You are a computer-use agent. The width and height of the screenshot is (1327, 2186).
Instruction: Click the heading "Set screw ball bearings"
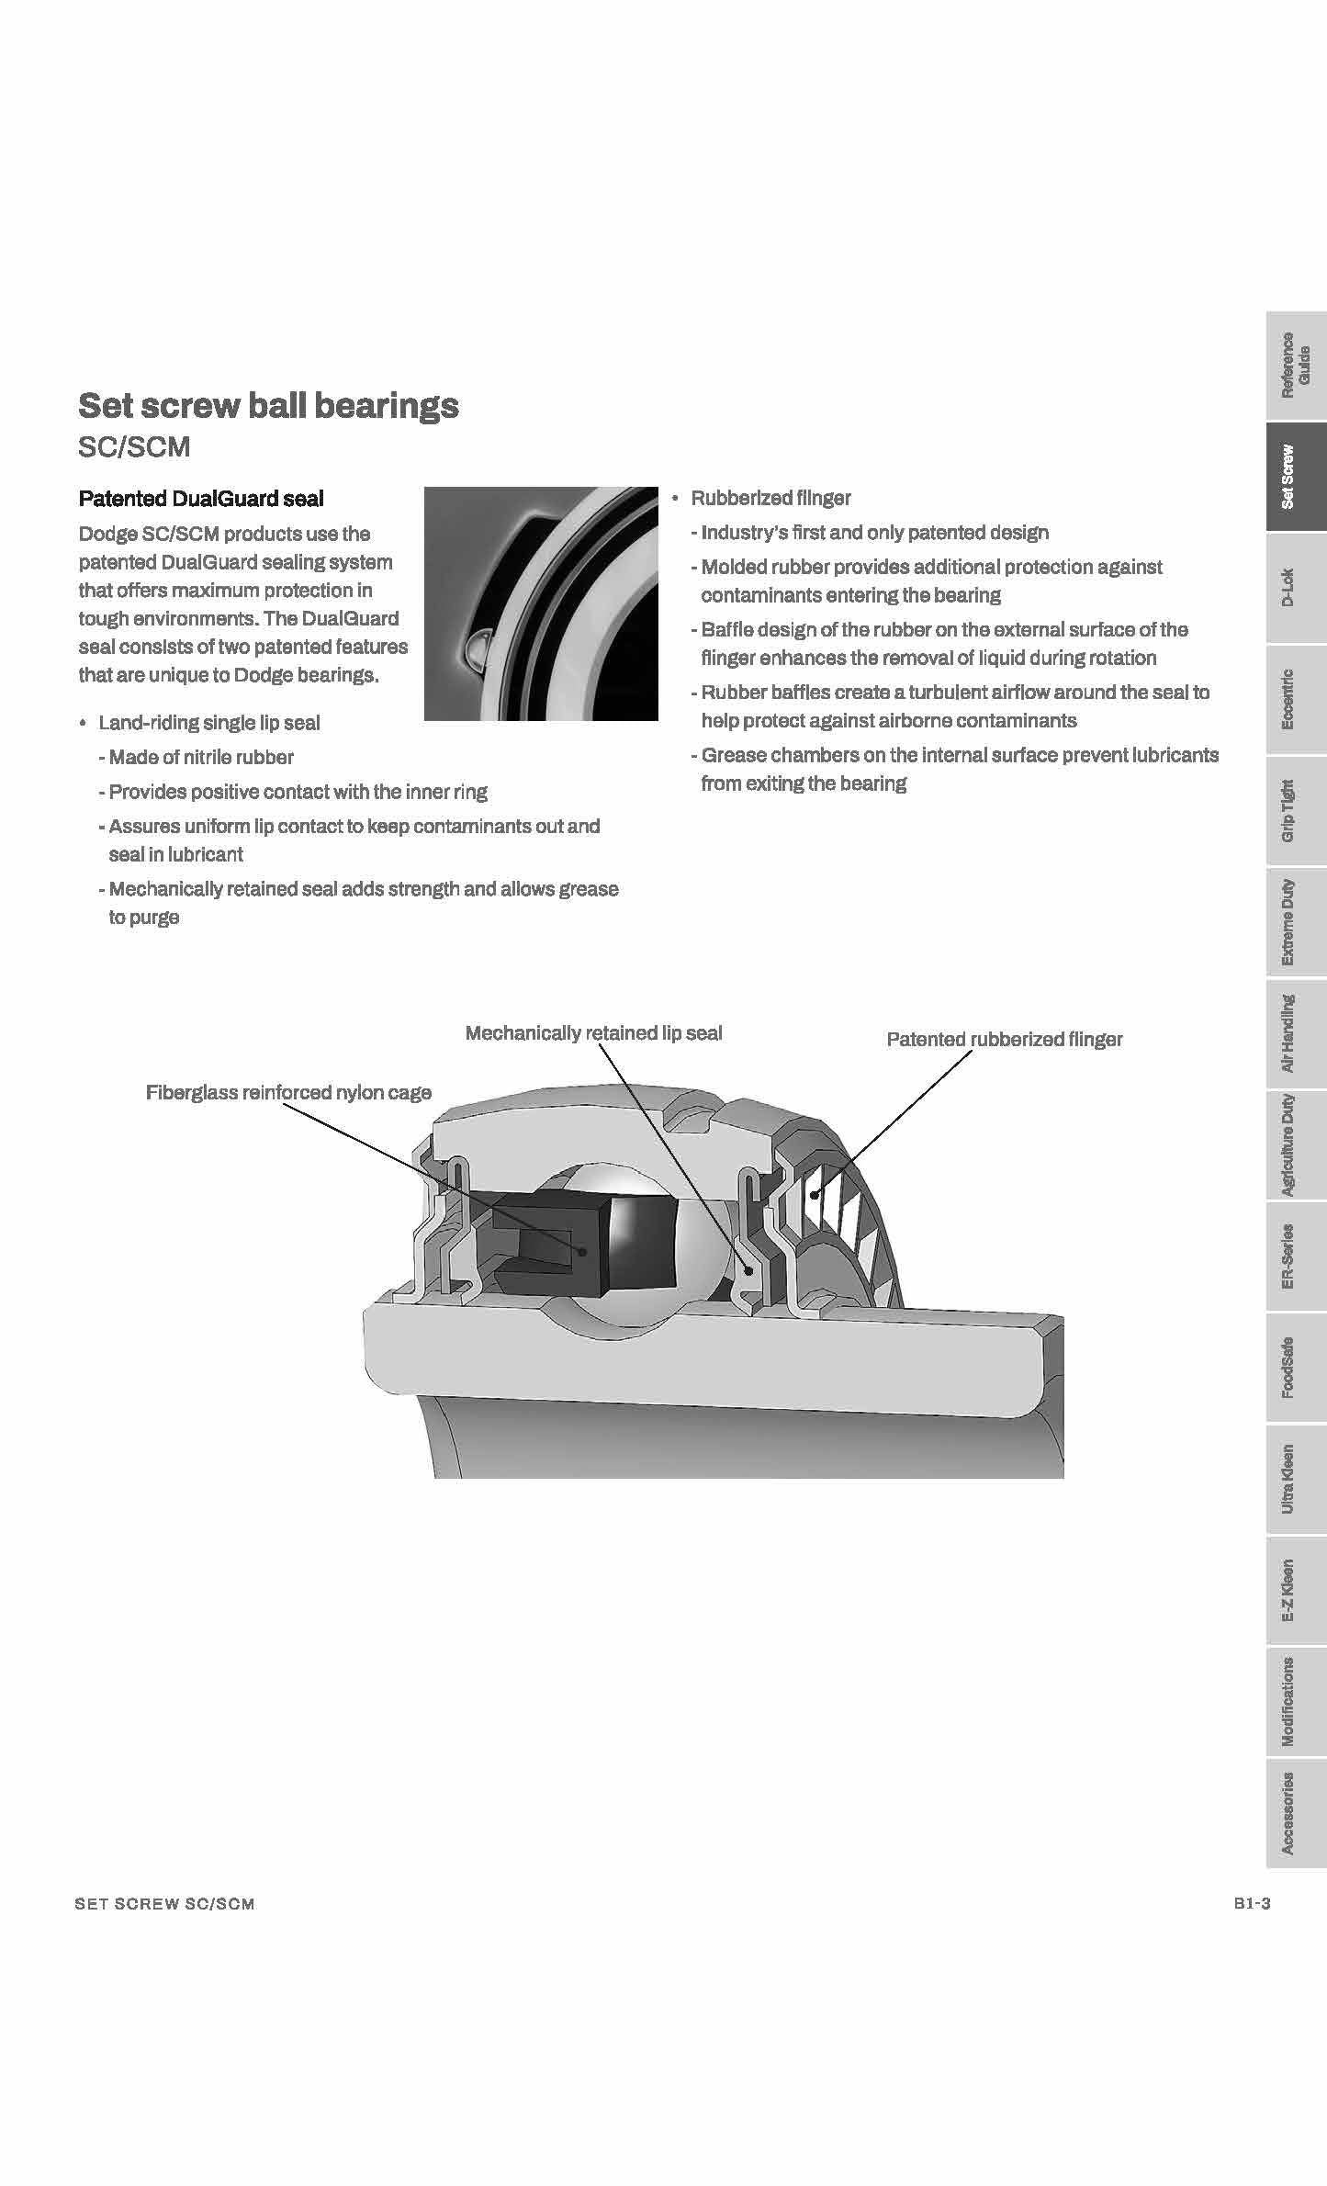point(268,405)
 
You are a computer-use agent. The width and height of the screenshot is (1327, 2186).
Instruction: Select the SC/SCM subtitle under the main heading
point(134,447)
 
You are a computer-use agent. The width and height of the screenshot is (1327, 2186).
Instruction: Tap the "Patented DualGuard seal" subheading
point(201,499)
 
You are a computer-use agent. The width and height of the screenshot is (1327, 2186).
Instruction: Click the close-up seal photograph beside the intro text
point(541,603)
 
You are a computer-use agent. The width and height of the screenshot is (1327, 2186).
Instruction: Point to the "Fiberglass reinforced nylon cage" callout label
point(288,1092)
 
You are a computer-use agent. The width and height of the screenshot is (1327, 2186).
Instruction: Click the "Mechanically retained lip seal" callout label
point(593,1033)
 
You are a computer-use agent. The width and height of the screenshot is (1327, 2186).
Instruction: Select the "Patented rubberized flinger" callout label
point(1004,1040)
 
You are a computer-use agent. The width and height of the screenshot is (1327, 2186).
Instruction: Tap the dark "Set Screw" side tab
point(1295,477)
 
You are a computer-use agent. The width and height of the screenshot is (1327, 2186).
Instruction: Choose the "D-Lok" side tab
point(1295,588)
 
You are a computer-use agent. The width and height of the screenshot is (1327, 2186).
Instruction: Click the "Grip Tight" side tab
point(1295,811)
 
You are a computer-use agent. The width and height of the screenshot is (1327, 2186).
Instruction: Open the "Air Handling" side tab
point(1295,1033)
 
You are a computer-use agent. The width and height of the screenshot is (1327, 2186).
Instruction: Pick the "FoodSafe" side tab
point(1295,1368)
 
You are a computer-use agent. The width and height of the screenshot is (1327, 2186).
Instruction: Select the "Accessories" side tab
point(1295,1813)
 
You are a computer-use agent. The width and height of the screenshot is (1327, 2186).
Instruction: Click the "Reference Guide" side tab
point(1295,366)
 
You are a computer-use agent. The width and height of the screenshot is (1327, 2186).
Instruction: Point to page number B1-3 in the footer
point(1252,1904)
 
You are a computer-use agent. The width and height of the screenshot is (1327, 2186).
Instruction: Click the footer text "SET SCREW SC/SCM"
point(164,1904)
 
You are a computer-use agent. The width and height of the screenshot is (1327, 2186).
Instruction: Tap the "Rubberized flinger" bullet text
point(770,499)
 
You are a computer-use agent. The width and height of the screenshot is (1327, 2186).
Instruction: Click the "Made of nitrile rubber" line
point(201,758)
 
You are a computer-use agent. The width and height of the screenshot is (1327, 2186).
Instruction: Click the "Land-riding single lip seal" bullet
point(209,723)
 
